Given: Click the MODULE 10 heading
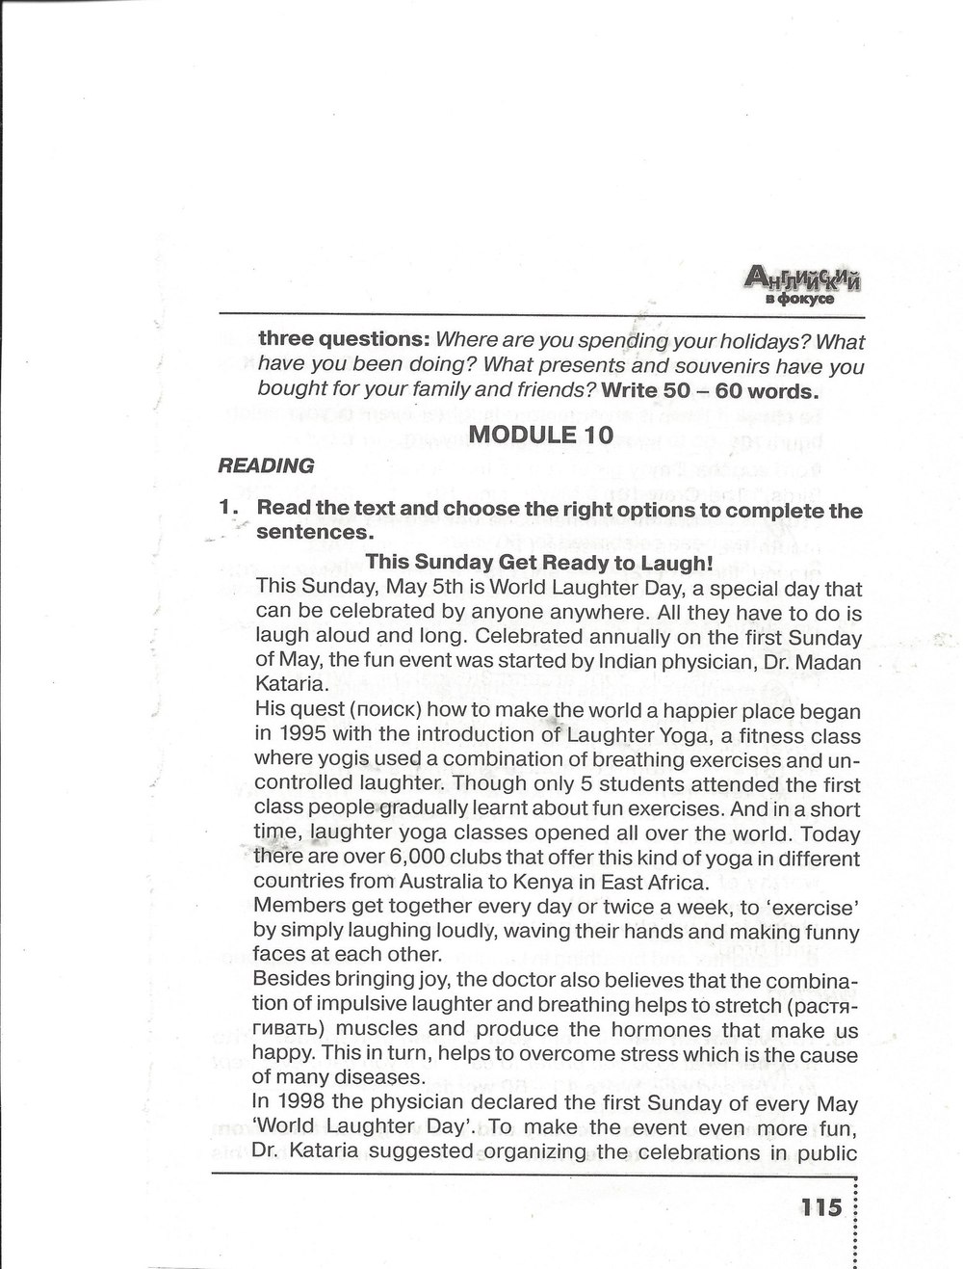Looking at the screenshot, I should (540, 434).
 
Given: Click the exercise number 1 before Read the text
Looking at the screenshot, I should (227, 511).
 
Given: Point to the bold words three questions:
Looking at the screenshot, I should (344, 341).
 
